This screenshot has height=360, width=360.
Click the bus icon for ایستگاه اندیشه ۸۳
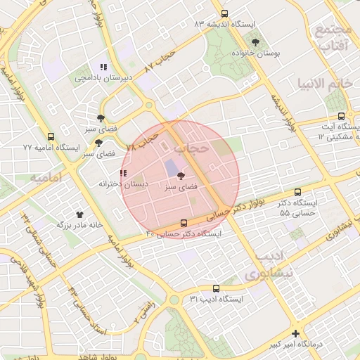click(224, 13)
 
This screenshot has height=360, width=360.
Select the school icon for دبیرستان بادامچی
click(104, 67)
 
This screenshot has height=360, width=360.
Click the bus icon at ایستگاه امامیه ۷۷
click(50, 137)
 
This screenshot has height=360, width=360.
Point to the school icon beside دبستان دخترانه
click(124, 173)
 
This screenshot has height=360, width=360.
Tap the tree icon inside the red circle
click(181, 176)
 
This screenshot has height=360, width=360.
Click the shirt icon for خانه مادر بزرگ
click(79, 214)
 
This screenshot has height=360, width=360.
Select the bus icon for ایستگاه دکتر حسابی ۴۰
click(184, 223)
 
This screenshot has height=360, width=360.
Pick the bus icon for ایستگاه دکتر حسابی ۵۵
click(298, 191)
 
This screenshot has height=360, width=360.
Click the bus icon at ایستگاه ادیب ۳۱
click(216, 288)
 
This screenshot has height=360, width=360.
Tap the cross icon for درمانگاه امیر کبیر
click(296, 334)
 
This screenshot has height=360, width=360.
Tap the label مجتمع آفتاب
click(333, 38)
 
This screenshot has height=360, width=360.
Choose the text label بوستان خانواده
click(255, 54)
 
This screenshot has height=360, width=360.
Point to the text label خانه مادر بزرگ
click(80, 226)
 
